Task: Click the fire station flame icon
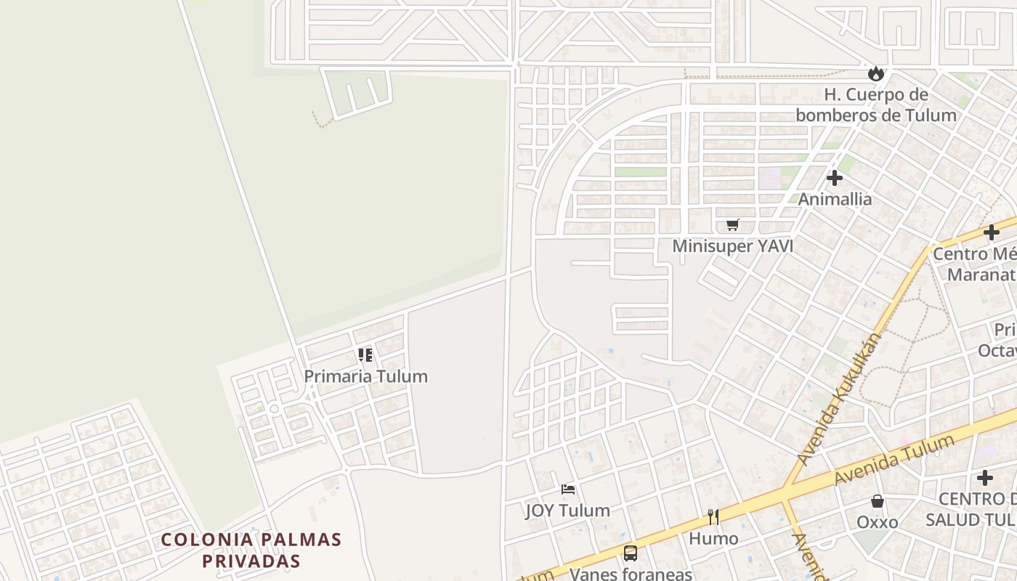click(875, 73)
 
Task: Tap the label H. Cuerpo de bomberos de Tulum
click(875, 105)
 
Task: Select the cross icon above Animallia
click(835, 177)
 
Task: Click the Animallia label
click(835, 198)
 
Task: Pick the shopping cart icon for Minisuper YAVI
click(732, 225)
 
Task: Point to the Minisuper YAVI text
click(732, 246)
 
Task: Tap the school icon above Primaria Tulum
click(365, 355)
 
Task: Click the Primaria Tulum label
click(365, 376)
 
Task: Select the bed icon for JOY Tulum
click(568, 489)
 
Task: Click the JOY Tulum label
click(568, 511)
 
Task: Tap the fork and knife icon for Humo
click(713, 517)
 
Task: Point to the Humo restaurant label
click(713, 538)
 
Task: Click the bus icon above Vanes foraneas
click(631, 553)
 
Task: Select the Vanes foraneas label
click(631, 574)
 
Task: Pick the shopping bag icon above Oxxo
click(878, 501)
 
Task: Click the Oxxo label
click(878, 522)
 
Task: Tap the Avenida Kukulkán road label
click(840, 399)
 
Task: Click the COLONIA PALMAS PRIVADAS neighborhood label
click(251, 550)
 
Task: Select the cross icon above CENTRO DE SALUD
click(985, 478)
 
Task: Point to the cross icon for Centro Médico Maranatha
click(992, 232)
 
